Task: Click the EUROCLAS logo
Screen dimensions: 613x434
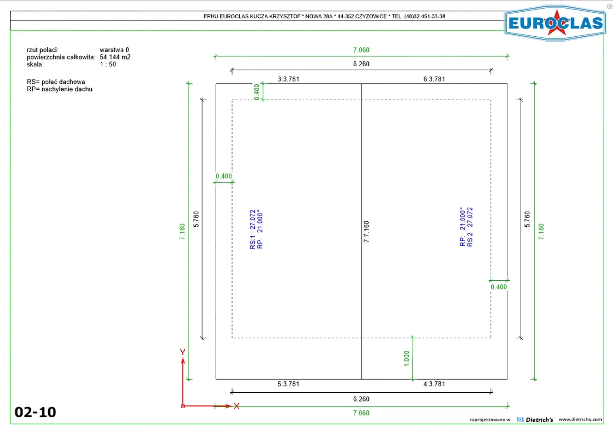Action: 555,23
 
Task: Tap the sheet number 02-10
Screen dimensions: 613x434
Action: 35,412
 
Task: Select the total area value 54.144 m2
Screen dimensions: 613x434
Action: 115,57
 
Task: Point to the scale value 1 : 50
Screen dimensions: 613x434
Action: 108,64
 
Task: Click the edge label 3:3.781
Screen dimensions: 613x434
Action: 288,79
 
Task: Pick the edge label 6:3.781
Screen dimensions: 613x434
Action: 434,79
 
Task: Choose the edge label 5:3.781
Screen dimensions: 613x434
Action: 288,384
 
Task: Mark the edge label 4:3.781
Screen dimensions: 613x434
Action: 434,384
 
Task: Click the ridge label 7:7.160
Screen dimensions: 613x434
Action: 366,231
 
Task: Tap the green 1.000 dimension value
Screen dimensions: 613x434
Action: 406,359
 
